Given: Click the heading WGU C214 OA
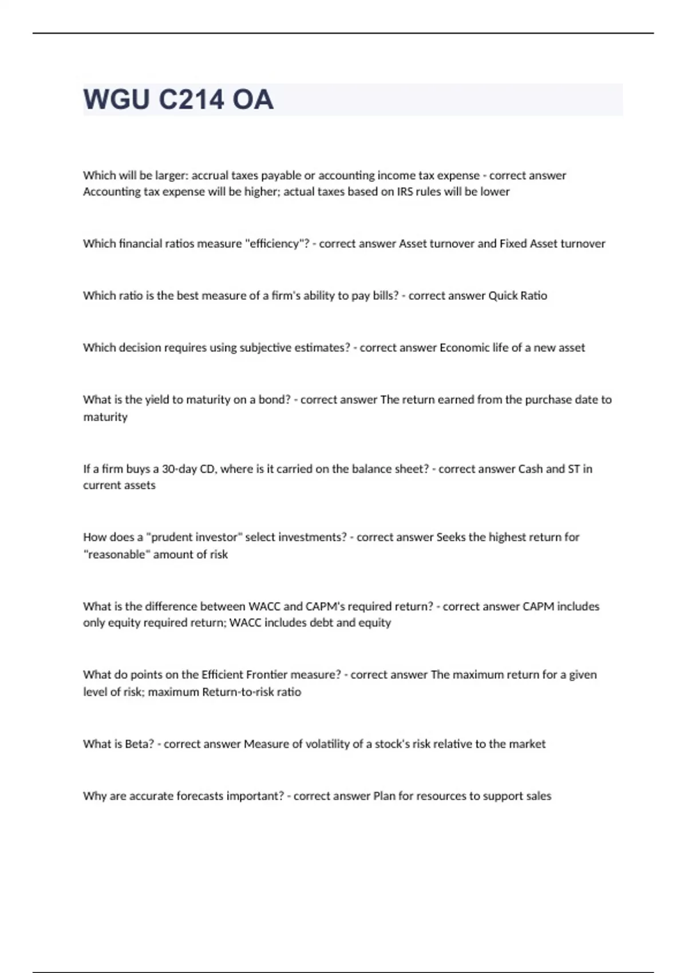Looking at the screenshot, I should (x=178, y=100).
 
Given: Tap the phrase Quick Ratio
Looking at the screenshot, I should (x=518, y=296).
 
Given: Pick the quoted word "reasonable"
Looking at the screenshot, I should (x=117, y=555).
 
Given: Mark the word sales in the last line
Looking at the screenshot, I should (x=538, y=796).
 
